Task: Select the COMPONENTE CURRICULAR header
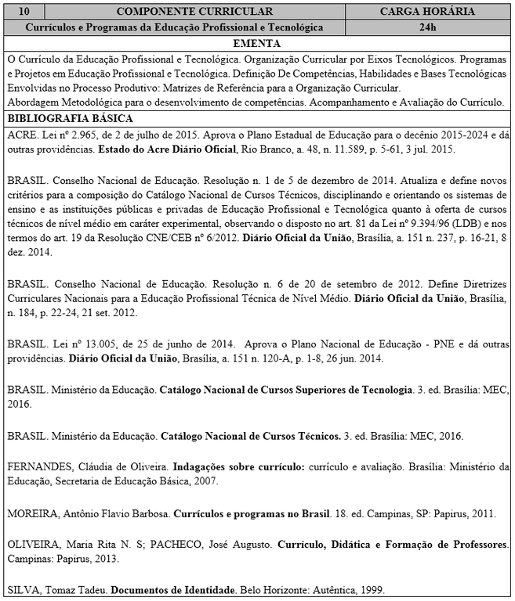point(194,12)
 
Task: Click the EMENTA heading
point(257,42)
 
